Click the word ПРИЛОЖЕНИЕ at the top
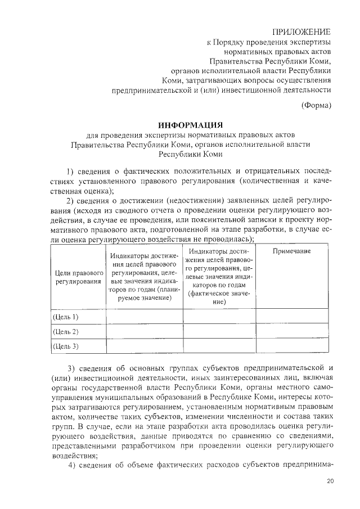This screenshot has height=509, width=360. click(x=301, y=31)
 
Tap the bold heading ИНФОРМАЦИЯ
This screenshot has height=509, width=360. click(x=191, y=124)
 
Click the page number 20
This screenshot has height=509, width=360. click(x=330, y=481)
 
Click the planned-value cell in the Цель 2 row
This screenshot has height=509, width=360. click(x=145, y=331)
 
